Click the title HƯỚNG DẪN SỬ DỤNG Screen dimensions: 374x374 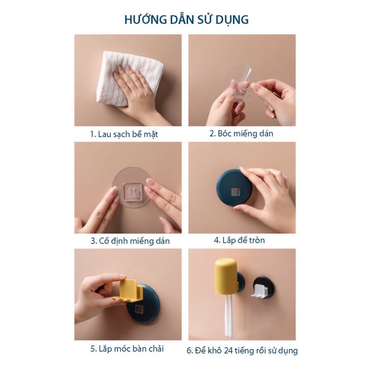coord(187,20)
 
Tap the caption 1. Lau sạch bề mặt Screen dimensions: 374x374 coord(124,134)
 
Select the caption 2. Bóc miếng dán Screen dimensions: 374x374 coord(241,133)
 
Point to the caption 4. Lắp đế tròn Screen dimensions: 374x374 coord(239,240)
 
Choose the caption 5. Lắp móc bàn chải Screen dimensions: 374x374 coord(127,349)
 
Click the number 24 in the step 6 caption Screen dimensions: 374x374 coord(229,350)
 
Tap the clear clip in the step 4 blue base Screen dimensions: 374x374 coord(235,191)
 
